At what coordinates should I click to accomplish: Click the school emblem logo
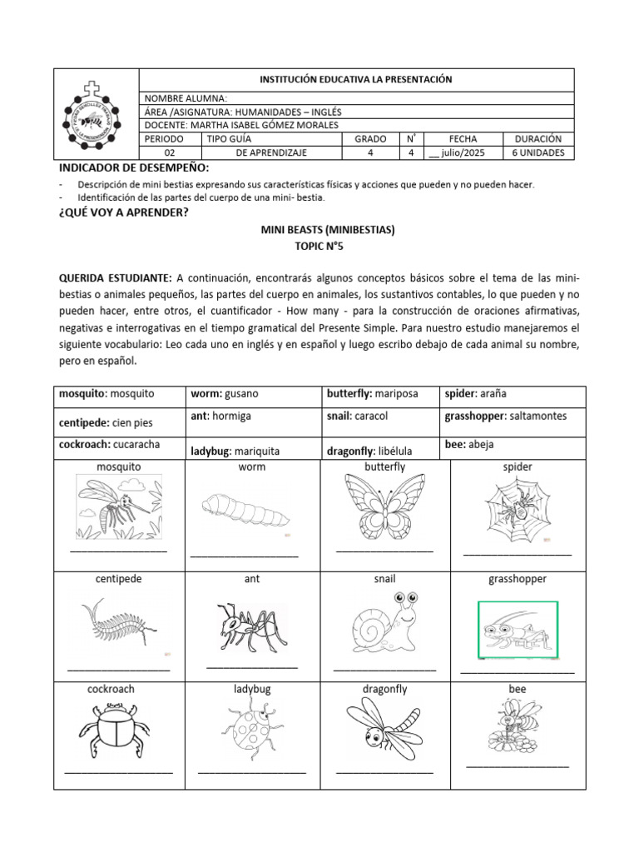(98, 115)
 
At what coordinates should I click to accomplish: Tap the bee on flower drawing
(517, 724)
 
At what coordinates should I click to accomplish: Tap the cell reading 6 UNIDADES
(538, 152)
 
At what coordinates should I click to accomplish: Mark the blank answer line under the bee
(517, 765)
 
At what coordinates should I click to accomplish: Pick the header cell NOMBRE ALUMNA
(186, 98)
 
